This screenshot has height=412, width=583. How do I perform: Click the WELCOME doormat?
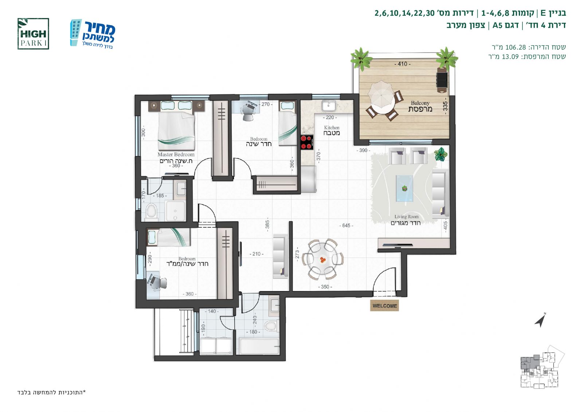pos(384,306)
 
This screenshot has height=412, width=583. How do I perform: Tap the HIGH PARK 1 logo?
pos(33,34)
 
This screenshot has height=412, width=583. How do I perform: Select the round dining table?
pos(323,259)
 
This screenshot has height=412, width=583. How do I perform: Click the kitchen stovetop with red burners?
pos(307,142)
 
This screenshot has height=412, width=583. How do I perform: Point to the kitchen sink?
pos(328,106)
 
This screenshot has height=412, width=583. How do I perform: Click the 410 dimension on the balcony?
pos(402,64)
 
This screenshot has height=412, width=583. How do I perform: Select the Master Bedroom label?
pos(176,154)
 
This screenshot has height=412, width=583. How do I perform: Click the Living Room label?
pos(407,216)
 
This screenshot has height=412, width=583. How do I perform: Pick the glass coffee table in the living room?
pos(404,188)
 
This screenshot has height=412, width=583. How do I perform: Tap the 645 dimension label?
pos(346,225)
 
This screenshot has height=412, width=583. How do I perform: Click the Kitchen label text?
pos(332,127)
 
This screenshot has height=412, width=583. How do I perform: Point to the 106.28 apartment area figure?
pos(515,47)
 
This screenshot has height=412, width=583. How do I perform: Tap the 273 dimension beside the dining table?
pos(297,254)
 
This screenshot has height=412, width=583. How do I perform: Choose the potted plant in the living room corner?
pos(441,154)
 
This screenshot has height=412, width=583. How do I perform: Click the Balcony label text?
pos(420,103)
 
